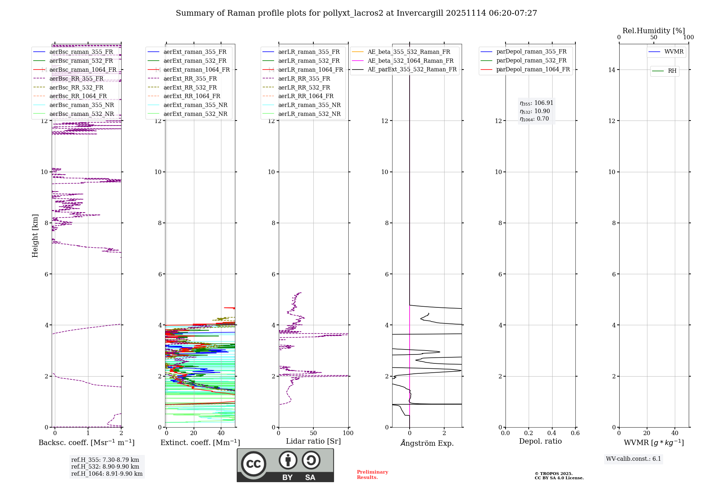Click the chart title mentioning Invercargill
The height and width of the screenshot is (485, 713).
pyautogui.click(x=356, y=13)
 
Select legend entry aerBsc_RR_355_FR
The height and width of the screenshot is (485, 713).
pyautogui.click(x=76, y=78)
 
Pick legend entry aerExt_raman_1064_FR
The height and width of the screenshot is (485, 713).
pyautogui.click(x=196, y=70)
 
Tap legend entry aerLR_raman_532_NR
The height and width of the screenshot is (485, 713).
pyautogui.click(x=309, y=114)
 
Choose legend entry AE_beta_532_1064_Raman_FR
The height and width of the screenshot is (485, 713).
pyautogui.click(x=410, y=61)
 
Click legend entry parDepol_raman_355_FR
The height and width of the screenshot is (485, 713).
pyautogui.click(x=531, y=52)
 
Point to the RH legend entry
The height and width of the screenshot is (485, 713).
pyautogui.click(x=672, y=71)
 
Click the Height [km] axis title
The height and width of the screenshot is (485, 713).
pyautogui.click(x=35, y=235)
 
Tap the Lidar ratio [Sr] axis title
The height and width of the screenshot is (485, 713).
pyautogui.click(x=313, y=441)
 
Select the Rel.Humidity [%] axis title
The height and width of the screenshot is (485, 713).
pyautogui.click(x=653, y=31)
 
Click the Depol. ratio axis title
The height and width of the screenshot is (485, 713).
pyautogui.click(x=540, y=441)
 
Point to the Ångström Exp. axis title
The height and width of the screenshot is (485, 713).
pyautogui.click(x=427, y=443)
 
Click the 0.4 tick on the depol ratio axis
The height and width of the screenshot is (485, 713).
pyautogui.click(x=552, y=433)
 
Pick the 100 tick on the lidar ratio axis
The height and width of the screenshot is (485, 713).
pyautogui.click(x=348, y=433)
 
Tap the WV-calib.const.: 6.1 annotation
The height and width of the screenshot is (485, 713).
pyautogui.click(x=634, y=459)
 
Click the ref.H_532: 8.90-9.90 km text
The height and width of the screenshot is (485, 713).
pyautogui.click(x=105, y=466)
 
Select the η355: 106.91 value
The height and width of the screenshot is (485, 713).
pyautogui.click(x=536, y=103)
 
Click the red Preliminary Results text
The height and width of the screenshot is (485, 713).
pyautogui.click(x=372, y=475)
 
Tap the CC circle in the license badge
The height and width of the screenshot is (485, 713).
pyautogui.click(x=253, y=464)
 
